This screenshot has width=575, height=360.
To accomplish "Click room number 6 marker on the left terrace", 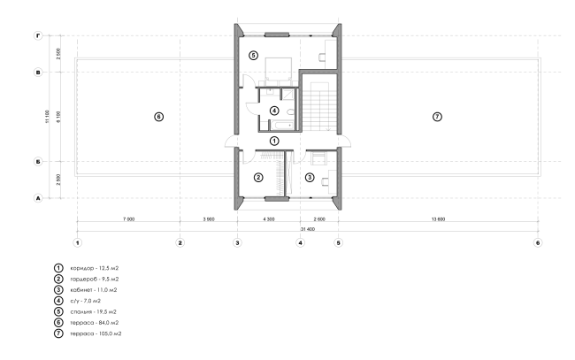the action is coord(158,117).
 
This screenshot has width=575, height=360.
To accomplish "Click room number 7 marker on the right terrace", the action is coord(437,117).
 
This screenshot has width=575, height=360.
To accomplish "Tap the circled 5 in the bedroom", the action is coord(253,56).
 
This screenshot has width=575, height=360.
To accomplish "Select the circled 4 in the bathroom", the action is coord(274,110).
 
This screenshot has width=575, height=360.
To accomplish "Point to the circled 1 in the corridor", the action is coord(274,141).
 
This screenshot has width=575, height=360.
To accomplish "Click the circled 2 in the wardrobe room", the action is coord(258,178).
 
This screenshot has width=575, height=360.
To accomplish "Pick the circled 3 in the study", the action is coord(310,178).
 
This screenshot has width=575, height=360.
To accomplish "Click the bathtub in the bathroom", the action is coord(282,126).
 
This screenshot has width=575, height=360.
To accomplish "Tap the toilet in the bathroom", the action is coord(291,111).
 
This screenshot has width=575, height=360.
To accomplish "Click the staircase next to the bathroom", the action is coord(319,106).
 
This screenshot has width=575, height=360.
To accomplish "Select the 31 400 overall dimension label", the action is coord(308,229).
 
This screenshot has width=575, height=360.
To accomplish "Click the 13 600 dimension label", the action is coord(438,219).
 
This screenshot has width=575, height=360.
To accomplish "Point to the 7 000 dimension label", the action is coord(129,219).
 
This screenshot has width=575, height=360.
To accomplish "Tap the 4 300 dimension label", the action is coord(269,219).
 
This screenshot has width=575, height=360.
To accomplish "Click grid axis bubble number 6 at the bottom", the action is coord(538,242).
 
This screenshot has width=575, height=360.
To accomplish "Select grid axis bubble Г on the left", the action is coord(38,35).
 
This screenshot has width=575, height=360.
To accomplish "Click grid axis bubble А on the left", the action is coord(38,198).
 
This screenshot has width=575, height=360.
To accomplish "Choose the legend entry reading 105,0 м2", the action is coord(96,333).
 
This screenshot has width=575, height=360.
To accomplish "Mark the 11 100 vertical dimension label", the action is coord(47,117).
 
